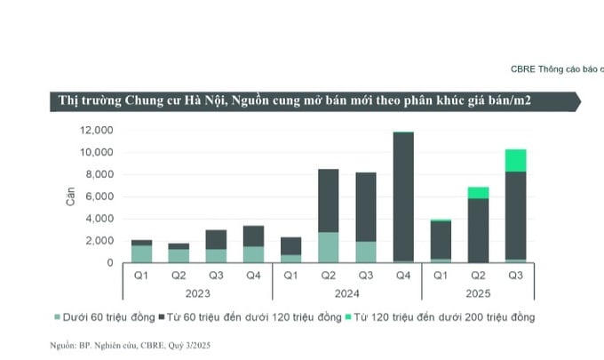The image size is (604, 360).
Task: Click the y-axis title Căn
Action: [71, 196]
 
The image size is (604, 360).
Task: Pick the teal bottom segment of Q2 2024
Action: [328, 247]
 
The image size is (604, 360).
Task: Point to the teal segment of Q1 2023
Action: [141, 253]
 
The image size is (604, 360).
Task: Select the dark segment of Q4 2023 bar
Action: [253, 236]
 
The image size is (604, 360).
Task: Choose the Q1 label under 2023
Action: [141, 274]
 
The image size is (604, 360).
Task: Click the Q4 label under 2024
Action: [403, 274]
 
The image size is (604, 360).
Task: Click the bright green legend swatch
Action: [349, 317]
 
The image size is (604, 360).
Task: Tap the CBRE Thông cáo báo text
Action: [556, 68]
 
